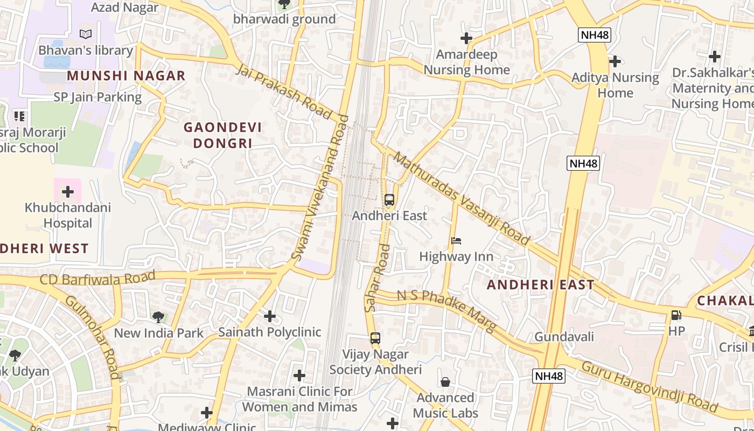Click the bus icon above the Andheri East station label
point(389,200)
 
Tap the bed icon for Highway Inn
point(456,241)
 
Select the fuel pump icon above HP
point(676,315)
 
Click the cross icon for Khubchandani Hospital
point(68,192)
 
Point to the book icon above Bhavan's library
point(86,34)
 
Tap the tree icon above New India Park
point(158,317)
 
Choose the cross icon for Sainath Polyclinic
point(270,316)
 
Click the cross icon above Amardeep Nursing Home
point(466,38)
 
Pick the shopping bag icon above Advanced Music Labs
point(445,382)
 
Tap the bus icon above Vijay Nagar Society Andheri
point(375,338)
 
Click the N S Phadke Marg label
point(446,311)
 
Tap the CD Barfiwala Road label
point(97,279)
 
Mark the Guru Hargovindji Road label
point(650,387)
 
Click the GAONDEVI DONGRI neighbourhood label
point(222,135)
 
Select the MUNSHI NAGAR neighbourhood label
point(126,76)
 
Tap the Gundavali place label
point(564,337)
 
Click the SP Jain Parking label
point(97,98)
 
